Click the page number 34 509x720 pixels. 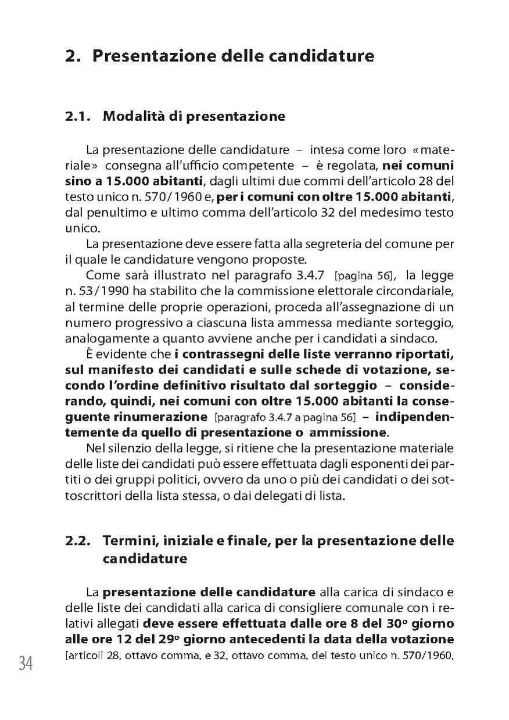point(25,664)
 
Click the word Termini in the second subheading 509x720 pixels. point(128,541)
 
